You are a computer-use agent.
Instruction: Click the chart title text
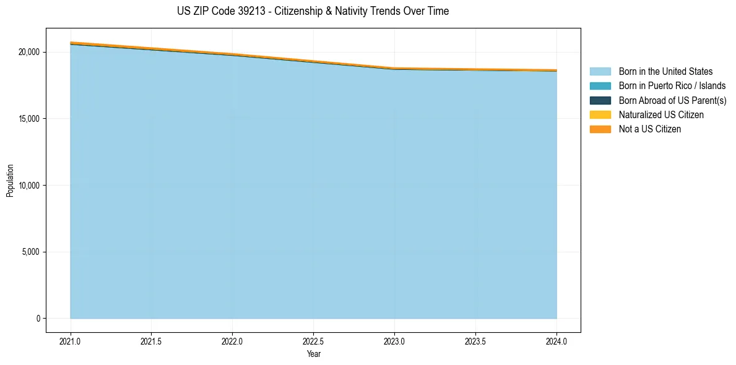(x=313, y=11)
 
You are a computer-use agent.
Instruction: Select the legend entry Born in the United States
(x=665, y=72)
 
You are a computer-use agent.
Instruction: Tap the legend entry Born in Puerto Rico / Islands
(x=672, y=86)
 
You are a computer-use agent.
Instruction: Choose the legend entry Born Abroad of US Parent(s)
(x=672, y=100)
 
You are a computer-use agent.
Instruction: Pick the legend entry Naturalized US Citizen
(x=661, y=115)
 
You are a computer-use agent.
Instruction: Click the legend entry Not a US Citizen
(x=649, y=129)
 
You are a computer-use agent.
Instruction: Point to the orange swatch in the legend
(x=600, y=129)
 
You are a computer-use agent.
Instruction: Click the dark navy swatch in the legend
(x=600, y=100)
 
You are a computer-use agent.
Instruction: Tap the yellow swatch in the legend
(x=600, y=115)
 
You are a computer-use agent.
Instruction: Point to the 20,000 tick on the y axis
(x=28, y=52)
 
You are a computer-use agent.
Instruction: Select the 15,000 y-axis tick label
(x=28, y=119)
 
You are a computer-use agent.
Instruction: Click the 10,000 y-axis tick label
(x=28, y=186)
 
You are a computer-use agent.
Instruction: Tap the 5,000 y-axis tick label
(x=30, y=252)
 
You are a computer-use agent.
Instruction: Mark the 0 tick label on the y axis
(x=38, y=319)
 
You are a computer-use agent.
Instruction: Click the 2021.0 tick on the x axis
(x=71, y=341)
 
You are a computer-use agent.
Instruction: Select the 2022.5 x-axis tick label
(x=313, y=341)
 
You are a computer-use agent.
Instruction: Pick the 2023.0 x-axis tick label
(x=394, y=341)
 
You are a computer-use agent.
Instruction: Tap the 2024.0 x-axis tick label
(x=556, y=341)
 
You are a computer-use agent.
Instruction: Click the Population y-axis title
(x=10, y=181)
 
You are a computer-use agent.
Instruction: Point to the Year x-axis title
(x=313, y=354)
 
